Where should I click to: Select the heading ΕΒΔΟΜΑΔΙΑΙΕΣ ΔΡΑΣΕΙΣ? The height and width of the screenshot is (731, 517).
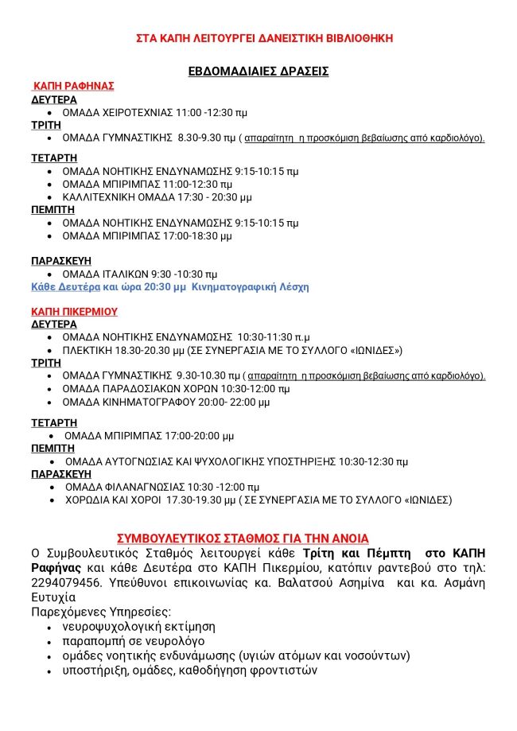click(x=258, y=72)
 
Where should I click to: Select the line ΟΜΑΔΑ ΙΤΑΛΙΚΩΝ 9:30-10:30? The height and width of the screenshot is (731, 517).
click(x=139, y=274)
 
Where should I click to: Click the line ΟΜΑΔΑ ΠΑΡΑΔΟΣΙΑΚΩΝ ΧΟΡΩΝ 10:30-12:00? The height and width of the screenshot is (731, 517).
click(x=176, y=389)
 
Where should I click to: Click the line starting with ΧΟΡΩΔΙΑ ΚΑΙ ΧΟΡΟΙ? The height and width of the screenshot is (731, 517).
click(x=258, y=500)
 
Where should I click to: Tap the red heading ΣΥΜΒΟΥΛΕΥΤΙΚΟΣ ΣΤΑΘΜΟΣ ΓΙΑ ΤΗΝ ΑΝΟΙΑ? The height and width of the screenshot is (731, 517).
click(x=243, y=538)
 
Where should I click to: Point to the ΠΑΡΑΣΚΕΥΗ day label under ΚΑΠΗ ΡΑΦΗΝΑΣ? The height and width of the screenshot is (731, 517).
click(x=61, y=260)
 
